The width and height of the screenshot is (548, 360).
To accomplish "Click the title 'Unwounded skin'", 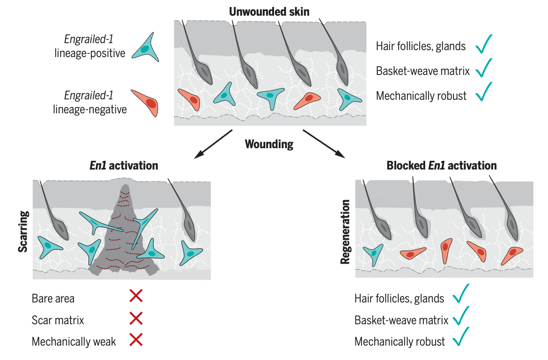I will pos(269,11).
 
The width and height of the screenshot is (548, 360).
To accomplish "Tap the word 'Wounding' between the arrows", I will pos(269,144).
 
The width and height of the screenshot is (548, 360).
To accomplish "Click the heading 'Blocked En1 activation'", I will pos(441,166).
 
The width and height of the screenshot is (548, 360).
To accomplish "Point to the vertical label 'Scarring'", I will pos(23,231).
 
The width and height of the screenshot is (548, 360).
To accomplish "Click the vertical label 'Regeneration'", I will pos(345,232).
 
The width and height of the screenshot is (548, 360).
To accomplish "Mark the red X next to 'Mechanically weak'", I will pos(136,340).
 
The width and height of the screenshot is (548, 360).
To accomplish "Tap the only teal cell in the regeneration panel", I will pos(373,253).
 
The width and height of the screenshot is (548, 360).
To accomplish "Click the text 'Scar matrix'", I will pos(58,320).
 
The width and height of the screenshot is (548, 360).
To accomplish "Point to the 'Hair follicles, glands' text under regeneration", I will pos(399,299).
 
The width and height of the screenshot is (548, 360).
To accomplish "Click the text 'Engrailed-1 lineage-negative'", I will pos(89,102).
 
